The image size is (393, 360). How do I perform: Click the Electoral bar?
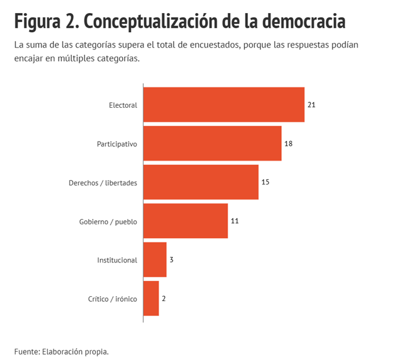pyautogui.click(x=224, y=105)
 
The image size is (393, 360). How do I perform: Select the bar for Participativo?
pyautogui.click(x=212, y=143)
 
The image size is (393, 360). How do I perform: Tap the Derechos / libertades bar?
pyautogui.click(x=201, y=182)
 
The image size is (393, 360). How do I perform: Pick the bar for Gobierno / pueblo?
pyautogui.click(x=186, y=221)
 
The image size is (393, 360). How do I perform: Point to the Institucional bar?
pyautogui.click(x=155, y=259)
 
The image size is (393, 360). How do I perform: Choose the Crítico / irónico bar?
pyautogui.click(x=151, y=298)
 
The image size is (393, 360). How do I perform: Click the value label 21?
pyautogui.click(x=312, y=105)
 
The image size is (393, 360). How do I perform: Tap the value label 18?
pyautogui.click(x=288, y=143)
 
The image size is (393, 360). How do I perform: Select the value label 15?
pyautogui.click(x=265, y=182)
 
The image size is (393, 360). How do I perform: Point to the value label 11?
pyautogui.click(x=234, y=221)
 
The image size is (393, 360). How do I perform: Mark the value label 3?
pyautogui.click(x=171, y=259)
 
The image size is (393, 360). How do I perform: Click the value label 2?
pyautogui.click(x=164, y=298)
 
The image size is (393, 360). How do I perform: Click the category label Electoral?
pyautogui.click(x=123, y=105)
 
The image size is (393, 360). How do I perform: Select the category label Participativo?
pyautogui.click(x=117, y=144)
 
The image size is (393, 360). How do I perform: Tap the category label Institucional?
pyautogui.click(x=117, y=260)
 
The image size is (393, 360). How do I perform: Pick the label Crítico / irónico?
pyautogui.click(x=112, y=299)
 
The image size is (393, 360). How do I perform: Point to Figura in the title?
pyautogui.click(x=37, y=22)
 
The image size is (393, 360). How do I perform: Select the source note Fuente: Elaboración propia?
pyautogui.click(x=62, y=352)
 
